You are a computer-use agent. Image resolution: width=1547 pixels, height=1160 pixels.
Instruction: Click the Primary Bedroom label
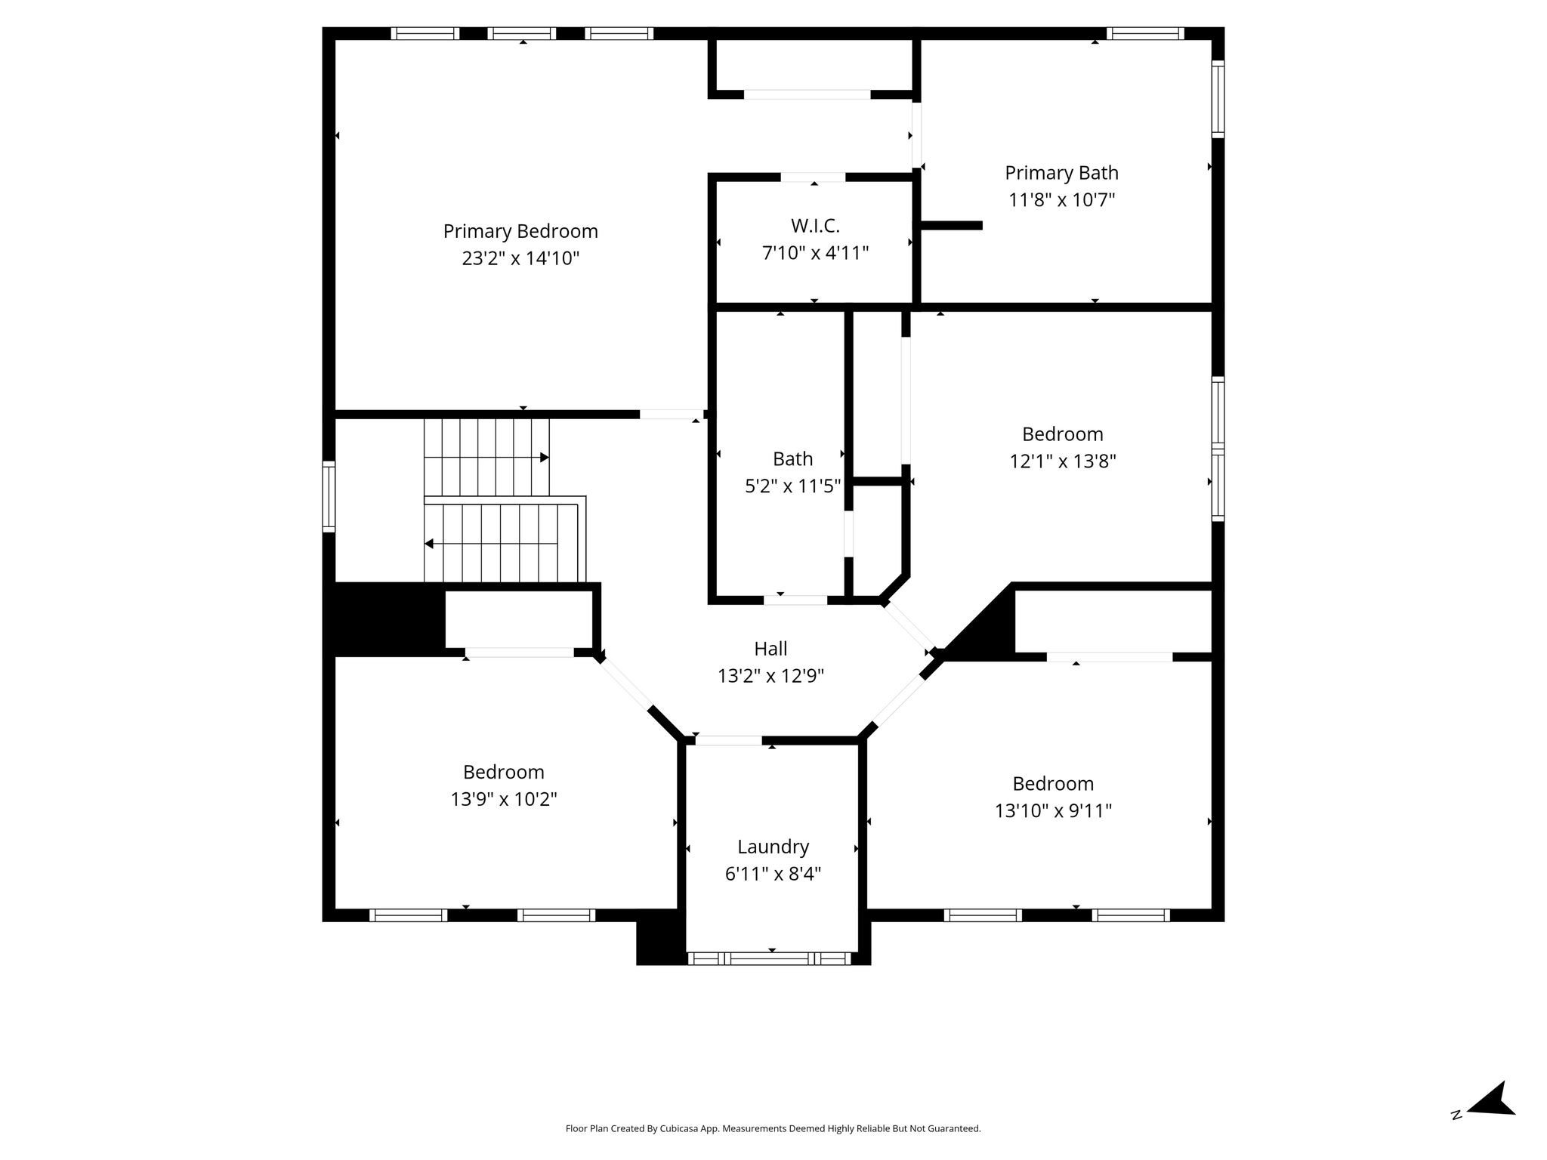coord(520,231)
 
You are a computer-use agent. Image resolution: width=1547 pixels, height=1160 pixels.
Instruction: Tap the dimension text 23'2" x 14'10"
coord(520,258)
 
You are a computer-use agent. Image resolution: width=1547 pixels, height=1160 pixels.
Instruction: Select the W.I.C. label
coord(815,226)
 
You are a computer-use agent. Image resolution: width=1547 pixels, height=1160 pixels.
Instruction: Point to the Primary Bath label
coord(1061,174)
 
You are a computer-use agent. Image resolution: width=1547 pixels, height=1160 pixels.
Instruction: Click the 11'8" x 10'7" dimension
coord(1061,200)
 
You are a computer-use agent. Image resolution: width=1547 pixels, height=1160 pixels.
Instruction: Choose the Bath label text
coord(792,459)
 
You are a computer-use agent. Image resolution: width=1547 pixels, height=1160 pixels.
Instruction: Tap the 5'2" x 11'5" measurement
coord(792,486)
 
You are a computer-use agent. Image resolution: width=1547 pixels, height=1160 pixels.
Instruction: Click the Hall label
coord(770,649)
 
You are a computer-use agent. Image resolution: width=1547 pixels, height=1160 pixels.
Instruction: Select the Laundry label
coord(773,847)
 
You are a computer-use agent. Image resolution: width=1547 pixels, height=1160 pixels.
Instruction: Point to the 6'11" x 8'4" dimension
coord(773,874)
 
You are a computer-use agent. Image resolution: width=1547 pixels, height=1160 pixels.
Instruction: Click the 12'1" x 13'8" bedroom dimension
coord(1063,461)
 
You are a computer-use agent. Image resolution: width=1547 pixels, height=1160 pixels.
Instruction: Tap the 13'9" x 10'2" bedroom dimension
coord(504,799)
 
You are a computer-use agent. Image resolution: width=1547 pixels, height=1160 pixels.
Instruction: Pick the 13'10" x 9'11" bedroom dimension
coord(1053,810)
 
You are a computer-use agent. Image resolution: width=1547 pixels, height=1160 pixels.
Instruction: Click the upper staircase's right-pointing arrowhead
coord(544,458)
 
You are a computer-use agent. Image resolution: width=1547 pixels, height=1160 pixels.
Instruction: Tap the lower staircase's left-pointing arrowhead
coord(429,544)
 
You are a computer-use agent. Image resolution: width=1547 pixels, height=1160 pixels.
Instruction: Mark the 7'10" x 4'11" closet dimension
coord(815,253)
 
